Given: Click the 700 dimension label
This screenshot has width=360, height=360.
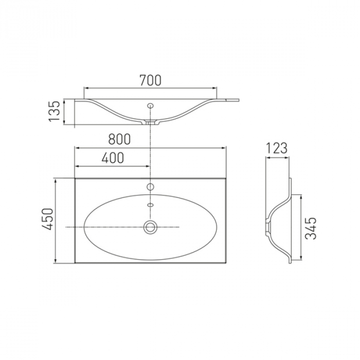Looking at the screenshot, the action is [x=150, y=80].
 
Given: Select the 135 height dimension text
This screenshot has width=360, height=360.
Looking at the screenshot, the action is [x=54, y=111].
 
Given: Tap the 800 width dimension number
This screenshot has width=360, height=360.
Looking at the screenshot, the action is [x=119, y=139].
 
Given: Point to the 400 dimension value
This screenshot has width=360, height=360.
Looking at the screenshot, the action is [x=113, y=158].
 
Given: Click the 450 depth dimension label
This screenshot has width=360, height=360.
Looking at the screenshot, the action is [x=47, y=219].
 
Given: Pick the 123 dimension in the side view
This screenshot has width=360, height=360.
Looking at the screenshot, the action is [x=277, y=148].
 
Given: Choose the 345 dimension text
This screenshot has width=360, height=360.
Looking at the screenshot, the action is [x=311, y=228].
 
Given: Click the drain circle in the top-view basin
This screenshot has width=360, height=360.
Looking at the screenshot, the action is [x=150, y=227].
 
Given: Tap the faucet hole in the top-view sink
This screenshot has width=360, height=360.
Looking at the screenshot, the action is [x=150, y=187].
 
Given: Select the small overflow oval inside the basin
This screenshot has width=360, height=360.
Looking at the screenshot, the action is [x=150, y=205].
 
